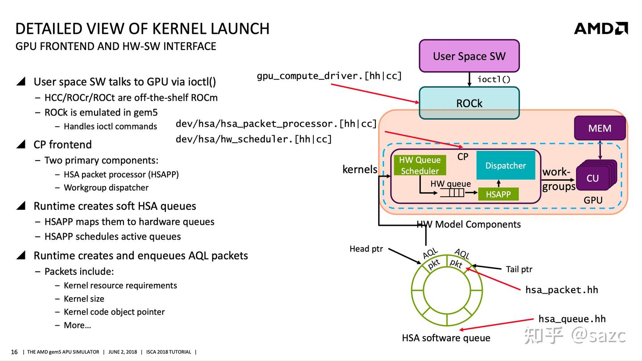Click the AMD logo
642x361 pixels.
(x=601, y=28)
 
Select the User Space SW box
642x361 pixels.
(x=469, y=56)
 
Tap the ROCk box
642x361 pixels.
(x=469, y=103)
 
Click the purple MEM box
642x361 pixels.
(x=600, y=129)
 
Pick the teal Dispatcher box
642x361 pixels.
(x=506, y=166)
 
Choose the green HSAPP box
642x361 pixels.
(x=498, y=194)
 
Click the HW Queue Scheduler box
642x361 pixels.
(x=420, y=165)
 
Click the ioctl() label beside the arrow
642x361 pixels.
(x=494, y=79)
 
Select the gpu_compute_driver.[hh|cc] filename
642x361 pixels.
(x=329, y=76)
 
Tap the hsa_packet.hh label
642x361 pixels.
(x=561, y=290)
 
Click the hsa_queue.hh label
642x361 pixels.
(x=572, y=319)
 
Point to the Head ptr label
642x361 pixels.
(x=366, y=249)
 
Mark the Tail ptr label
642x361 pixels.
(x=519, y=269)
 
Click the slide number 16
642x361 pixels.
(x=14, y=352)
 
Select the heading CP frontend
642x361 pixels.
(x=62, y=145)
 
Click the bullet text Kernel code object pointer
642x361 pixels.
(x=114, y=312)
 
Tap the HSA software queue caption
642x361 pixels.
(x=446, y=338)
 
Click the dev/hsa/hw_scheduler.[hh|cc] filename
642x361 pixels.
(x=254, y=139)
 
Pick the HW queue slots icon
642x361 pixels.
(x=452, y=193)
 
